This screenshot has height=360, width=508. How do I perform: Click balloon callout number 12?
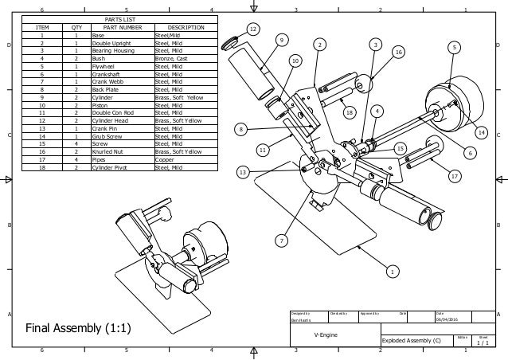pos(253,29)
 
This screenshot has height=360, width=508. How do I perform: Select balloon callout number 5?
pos(455,49)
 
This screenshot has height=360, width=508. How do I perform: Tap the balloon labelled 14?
pos(482,132)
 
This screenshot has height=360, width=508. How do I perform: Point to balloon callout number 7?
pos(281,240)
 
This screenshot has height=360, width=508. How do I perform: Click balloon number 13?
pos(243,172)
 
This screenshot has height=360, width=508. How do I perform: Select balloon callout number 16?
pos(400,51)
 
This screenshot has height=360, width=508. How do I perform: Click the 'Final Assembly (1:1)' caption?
pos(80,328)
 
